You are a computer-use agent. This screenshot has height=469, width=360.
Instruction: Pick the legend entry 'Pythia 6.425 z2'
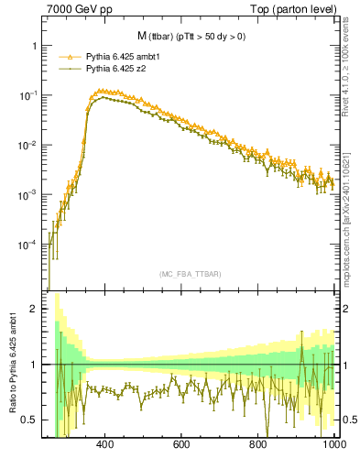point(120,68)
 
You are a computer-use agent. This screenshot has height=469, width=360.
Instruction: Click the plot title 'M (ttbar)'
point(160,37)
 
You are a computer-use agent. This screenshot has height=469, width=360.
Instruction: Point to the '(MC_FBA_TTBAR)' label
point(190,274)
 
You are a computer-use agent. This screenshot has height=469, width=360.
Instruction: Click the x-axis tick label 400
point(104,444)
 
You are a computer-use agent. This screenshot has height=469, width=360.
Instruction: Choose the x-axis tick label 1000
point(333,444)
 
